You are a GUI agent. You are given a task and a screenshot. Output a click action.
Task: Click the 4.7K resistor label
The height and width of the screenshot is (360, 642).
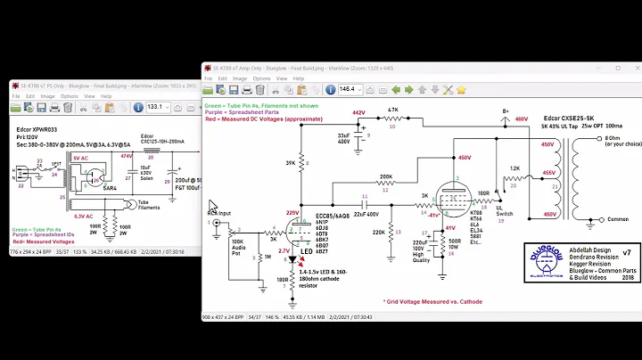391,110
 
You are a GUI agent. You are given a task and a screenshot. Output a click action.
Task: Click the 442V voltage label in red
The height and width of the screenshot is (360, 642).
359,113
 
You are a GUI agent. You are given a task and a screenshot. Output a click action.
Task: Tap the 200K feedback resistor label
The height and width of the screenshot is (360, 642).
385,176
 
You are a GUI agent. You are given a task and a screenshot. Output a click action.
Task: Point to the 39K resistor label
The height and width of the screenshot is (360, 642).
291,163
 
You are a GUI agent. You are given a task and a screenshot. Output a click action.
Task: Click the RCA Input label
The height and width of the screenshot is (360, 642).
220,214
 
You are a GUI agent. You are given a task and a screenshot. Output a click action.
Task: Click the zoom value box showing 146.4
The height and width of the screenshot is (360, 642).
351,89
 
